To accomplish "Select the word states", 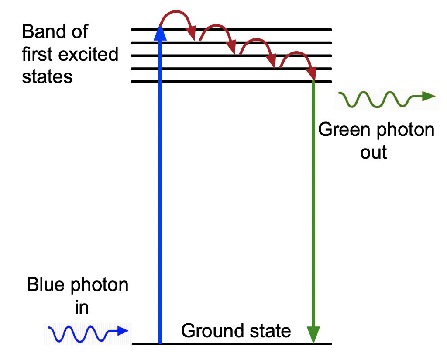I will pos(47,76).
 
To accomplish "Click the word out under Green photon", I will pos(374,152).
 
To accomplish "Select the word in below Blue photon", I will pos(82,307).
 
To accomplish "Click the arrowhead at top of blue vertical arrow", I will pos(160,32).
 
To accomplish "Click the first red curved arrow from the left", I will pos(177,20).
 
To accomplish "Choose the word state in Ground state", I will pos(270,331).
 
